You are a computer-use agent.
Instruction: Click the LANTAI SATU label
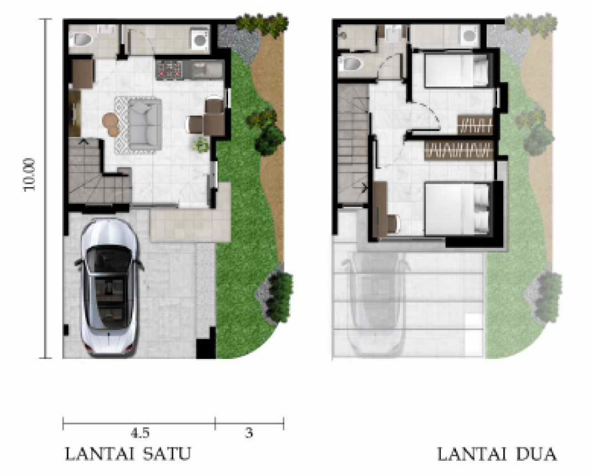[x=128, y=454]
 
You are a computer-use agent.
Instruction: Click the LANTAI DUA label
[x=497, y=454]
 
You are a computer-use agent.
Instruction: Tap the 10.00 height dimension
[x=30, y=175]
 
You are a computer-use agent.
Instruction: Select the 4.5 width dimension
[x=140, y=433]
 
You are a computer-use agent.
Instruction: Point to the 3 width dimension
[x=249, y=433]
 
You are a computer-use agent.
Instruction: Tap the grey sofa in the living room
[x=144, y=124]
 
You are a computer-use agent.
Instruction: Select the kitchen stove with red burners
[x=169, y=69]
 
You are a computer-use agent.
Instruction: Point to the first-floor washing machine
[x=199, y=39]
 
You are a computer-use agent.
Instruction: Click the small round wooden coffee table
[x=112, y=124]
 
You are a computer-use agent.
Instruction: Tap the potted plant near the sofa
[x=200, y=144]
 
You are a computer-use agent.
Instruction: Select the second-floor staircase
[x=353, y=145]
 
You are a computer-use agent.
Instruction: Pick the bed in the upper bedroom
[x=456, y=70]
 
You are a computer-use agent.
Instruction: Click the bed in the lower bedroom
[x=458, y=209]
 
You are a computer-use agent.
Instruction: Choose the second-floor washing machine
[x=469, y=36]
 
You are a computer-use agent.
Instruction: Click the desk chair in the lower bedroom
[x=393, y=224]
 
